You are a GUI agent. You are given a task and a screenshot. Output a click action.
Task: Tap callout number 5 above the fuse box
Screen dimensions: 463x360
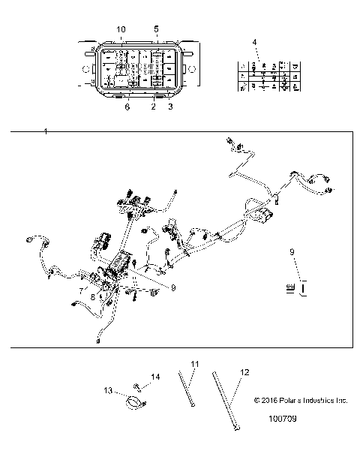pyautogui.click(x=156, y=29)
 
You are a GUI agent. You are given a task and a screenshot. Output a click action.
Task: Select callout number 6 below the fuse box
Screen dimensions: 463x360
pyautogui.click(x=127, y=107)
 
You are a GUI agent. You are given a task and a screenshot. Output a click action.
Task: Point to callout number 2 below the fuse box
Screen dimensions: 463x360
pyautogui.click(x=153, y=107)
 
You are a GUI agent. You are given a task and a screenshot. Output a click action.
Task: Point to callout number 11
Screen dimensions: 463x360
pyautogui.click(x=194, y=365)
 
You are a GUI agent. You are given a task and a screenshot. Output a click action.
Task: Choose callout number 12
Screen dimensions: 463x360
pyautogui.click(x=244, y=371)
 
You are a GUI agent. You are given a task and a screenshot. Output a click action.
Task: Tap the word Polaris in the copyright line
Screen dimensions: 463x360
pyautogui.click(x=290, y=401)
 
